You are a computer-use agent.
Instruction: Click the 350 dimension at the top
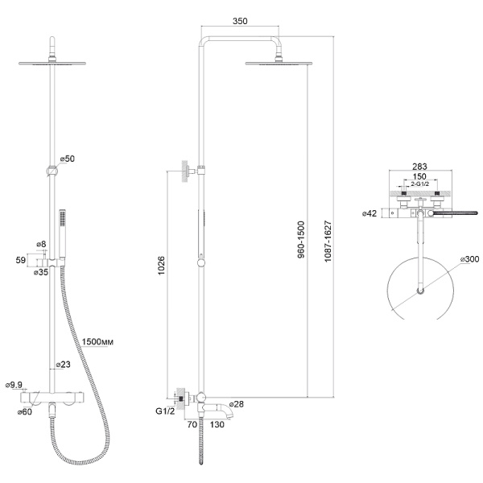(240, 21)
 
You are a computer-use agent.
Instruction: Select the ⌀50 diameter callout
(68, 159)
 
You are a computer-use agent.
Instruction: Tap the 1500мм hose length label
(97, 341)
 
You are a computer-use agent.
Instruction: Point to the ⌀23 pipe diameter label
(63, 365)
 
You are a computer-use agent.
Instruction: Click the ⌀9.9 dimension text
(14, 385)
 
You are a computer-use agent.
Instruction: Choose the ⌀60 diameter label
(25, 411)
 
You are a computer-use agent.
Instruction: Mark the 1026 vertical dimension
(162, 266)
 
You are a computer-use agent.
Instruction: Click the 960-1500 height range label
(301, 239)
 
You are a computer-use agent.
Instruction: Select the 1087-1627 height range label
(328, 241)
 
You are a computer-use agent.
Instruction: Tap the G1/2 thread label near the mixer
(165, 411)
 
